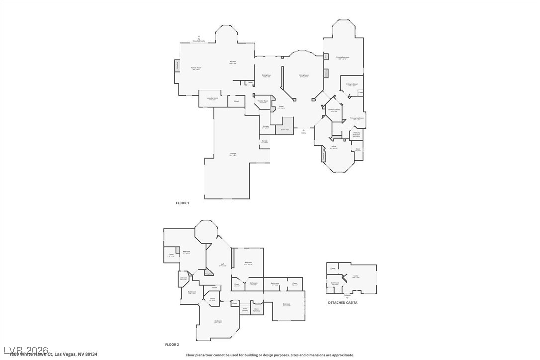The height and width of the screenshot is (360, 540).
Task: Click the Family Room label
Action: [x=196, y=68]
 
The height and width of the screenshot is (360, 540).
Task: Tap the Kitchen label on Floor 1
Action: [x=233, y=62]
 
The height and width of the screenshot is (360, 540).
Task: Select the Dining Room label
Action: [x=267, y=75]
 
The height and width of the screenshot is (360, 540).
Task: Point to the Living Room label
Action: [x=304, y=75]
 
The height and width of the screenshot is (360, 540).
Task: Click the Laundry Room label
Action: [x=212, y=98]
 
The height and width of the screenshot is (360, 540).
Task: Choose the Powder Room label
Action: [x=263, y=101]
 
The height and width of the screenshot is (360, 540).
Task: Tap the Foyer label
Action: [x=281, y=106]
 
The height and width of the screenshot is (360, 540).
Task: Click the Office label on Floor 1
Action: [x=334, y=146]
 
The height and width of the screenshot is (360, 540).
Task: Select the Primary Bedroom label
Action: [x=342, y=58]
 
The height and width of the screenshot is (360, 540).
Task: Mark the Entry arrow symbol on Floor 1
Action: [x=303, y=130]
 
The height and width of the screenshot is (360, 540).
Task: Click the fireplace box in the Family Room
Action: [x=177, y=66]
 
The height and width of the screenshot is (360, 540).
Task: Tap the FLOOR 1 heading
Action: [x=182, y=203]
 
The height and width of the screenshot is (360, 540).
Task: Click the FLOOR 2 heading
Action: [x=172, y=344]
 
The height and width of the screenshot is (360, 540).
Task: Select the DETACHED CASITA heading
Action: [x=342, y=302]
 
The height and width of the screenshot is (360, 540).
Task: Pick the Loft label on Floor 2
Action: [x=223, y=265]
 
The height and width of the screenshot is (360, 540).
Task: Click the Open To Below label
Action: [x=257, y=309]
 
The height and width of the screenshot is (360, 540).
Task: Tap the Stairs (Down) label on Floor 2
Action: [x=245, y=309]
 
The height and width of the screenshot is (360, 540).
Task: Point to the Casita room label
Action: [x=356, y=276]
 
